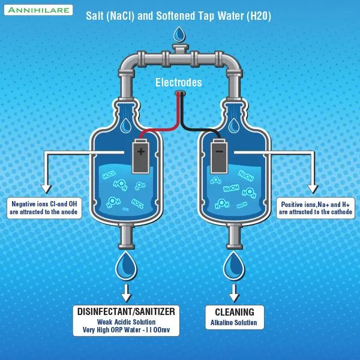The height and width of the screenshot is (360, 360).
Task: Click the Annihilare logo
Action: pos(38,10)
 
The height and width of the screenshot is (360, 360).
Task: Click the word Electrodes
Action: pos(179,83)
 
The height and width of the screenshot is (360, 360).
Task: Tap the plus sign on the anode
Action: pos(141,151)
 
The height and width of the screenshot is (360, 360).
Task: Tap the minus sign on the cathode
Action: pos(219,151)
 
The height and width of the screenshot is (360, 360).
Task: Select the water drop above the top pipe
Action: pos(179,32)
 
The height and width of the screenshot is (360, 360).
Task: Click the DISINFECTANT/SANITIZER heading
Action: pos(127,311)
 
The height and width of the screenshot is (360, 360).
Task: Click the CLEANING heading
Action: pos(234,312)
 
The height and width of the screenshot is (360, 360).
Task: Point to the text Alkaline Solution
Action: pos(234,323)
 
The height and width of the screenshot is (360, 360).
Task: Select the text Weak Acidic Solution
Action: pos(127,322)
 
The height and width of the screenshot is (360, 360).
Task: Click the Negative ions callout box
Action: pos(44,208)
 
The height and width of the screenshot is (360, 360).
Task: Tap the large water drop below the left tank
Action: pos(127,266)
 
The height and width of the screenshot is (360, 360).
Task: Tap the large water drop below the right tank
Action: pos(234,266)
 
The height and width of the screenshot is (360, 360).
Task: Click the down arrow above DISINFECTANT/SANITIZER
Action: pos(127,293)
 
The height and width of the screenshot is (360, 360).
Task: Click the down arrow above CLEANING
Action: pos(234,293)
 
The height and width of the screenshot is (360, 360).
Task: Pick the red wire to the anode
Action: pos(162,128)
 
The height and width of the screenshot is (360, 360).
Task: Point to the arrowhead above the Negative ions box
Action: pos(44,185)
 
